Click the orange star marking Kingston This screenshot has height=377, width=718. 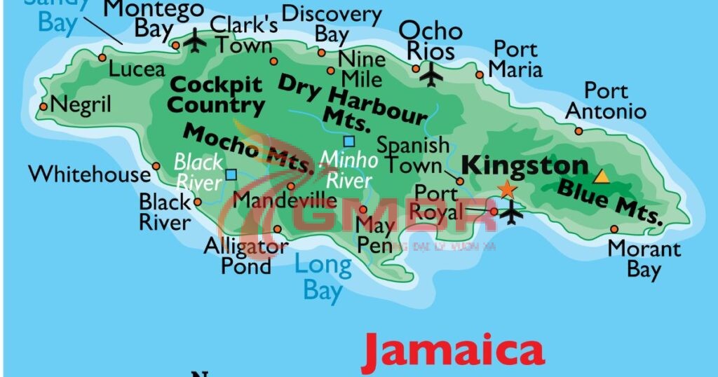click(x=506, y=189)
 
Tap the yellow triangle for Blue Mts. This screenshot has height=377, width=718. click(x=602, y=176)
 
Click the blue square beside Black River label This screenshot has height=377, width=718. click(x=231, y=174)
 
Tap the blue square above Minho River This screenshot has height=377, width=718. click(x=348, y=141)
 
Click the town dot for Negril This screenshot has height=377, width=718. click(x=43, y=107)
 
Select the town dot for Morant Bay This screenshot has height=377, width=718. click(x=614, y=229)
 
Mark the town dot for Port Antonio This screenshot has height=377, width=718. click(x=578, y=131)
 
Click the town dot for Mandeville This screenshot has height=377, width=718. click(x=291, y=186)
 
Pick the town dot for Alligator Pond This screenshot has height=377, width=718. click(x=278, y=229)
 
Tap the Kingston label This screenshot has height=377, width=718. click(x=524, y=166)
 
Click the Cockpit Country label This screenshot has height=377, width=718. click(x=217, y=95)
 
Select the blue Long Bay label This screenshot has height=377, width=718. click(x=323, y=277)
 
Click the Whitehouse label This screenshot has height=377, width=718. click(x=89, y=174)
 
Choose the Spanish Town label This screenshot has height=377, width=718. click(x=413, y=155)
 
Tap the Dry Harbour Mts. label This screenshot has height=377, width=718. click(x=351, y=102)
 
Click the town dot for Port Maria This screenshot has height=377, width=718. click(x=480, y=75)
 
